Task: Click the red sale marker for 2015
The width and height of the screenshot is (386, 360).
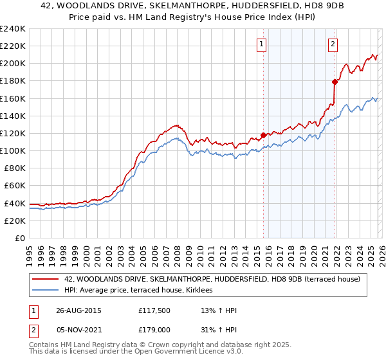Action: tap(263, 135)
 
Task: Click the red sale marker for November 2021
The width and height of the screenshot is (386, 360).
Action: tap(335, 82)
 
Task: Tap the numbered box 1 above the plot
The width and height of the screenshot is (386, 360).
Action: tap(262, 44)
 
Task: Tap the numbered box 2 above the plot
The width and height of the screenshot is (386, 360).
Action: tap(333, 44)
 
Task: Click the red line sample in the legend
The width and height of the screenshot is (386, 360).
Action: tap(46, 279)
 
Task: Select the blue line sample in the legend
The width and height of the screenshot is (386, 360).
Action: tap(46, 291)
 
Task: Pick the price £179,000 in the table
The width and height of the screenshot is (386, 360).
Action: tap(153, 330)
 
